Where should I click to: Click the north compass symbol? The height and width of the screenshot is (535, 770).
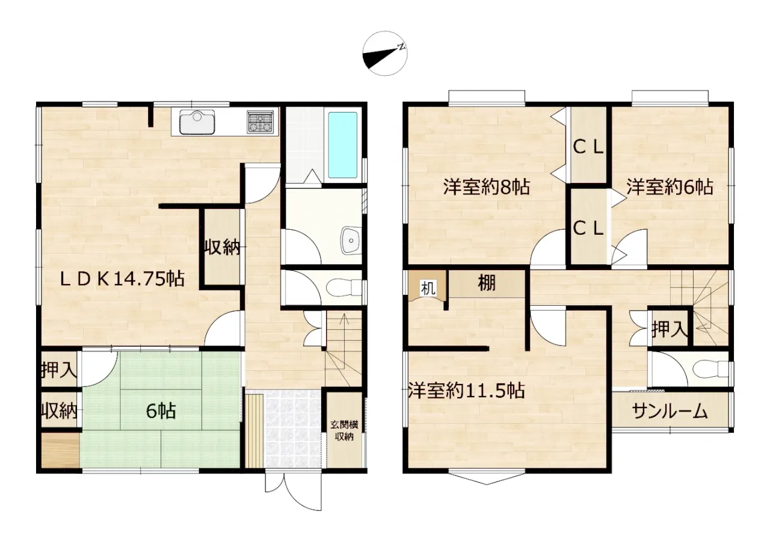coord(385,54)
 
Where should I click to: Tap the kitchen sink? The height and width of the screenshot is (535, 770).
coord(197,122)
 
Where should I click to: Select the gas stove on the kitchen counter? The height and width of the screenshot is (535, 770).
coord(260,122)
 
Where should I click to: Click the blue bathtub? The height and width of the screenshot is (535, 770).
coord(342,145)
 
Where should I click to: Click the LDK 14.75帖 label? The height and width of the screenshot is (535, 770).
coord(122,279)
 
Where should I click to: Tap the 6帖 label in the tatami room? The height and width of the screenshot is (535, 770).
coord(161,411)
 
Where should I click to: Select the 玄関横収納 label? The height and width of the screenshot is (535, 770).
coord(344,430)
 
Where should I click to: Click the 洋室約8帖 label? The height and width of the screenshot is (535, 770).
coord(486,187)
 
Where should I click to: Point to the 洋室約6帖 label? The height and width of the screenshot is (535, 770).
coord(670,187)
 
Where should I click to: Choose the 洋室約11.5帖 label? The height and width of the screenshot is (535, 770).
coord(466,391)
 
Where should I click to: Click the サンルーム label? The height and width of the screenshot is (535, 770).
coord(670,411)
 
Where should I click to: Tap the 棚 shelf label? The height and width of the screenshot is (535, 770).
coord(487,283)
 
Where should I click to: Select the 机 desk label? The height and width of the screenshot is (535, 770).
coord(428,288)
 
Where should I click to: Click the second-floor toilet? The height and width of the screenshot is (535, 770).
coord(710,370)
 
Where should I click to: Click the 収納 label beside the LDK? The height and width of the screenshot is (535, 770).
coord(222,247)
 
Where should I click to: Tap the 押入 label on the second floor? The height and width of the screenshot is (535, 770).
coord(670,329)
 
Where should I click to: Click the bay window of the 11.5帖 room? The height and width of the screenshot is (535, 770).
coord(487,478)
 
